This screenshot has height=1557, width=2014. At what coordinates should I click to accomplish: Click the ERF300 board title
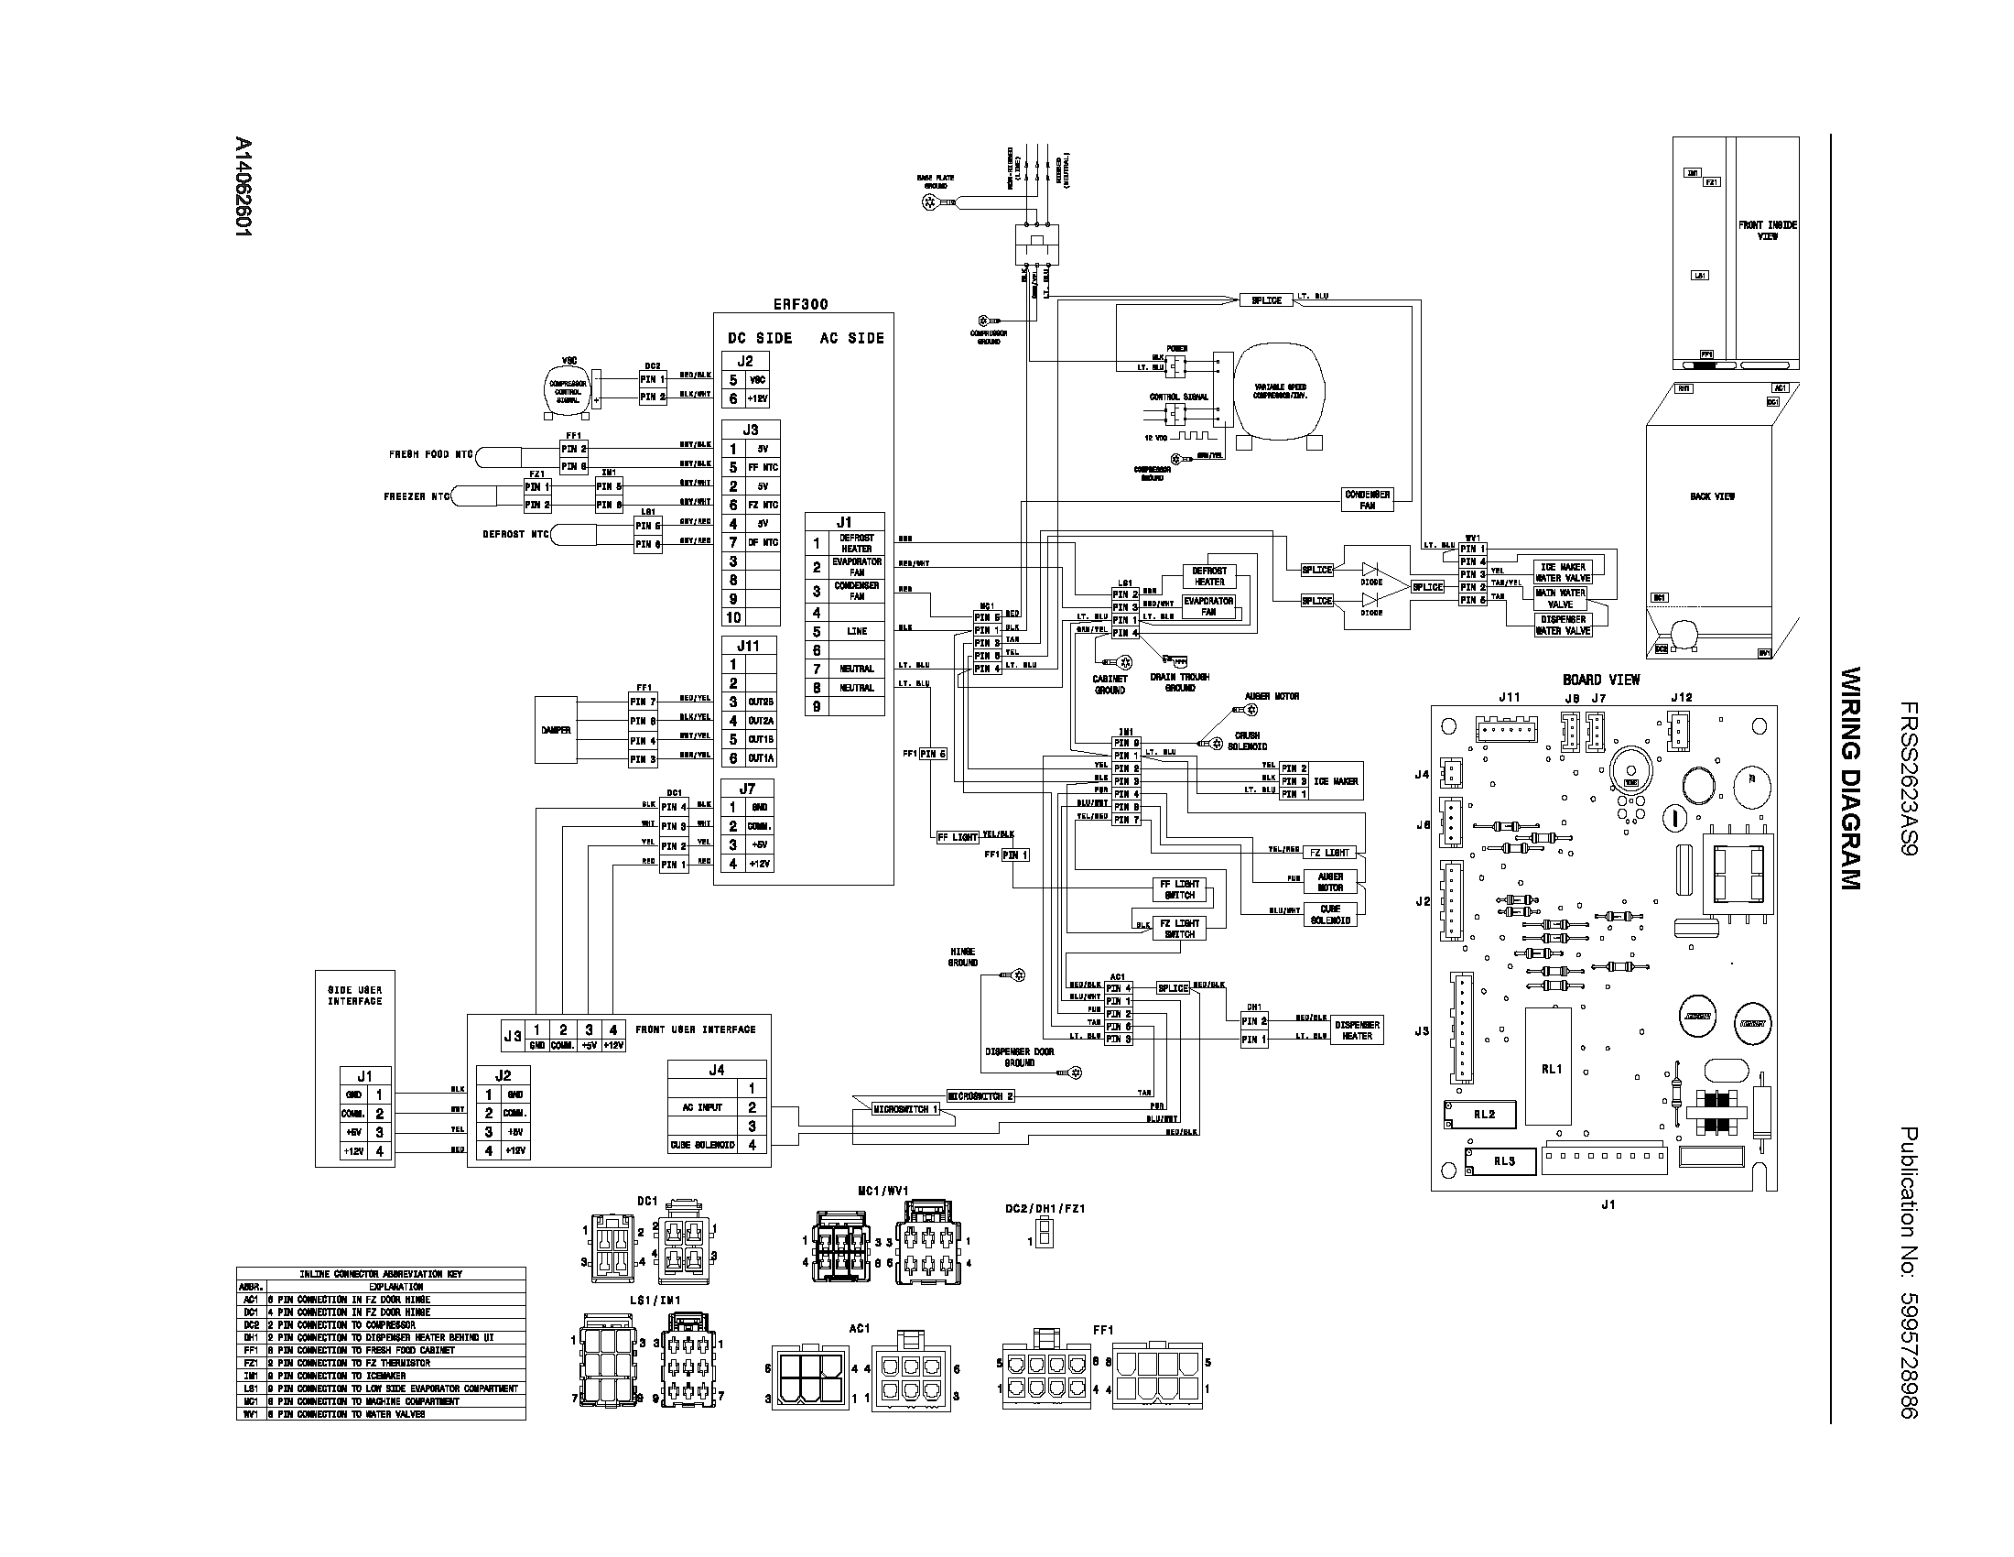799,303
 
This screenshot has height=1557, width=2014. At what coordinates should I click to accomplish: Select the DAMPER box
556,730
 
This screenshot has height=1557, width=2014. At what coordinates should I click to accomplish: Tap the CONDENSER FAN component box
1367,500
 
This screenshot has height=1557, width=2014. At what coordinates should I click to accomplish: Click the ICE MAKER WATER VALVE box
1562,572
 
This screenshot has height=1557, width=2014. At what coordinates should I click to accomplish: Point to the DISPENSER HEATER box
1357,1030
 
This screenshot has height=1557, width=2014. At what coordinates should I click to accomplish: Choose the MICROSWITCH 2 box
980,1095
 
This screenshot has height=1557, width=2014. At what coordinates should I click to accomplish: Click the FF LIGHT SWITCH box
1179,889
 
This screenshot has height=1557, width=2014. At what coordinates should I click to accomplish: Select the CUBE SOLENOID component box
1330,914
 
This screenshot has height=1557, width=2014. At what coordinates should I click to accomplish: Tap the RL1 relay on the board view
1551,1068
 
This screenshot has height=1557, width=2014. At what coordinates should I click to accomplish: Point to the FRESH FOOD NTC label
430,455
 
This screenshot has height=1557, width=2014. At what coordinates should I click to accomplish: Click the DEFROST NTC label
515,534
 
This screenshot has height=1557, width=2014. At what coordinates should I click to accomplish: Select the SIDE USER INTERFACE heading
355,996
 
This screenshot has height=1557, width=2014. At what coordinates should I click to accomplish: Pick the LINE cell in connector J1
856,632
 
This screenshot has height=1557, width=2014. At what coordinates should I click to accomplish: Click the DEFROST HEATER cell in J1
856,543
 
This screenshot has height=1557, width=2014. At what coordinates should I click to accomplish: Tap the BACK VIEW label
1713,496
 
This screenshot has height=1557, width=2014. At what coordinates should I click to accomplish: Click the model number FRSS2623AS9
1908,779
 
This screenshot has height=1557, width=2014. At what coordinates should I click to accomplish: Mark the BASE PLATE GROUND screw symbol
930,201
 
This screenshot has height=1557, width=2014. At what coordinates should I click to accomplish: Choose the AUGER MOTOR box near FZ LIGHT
1330,882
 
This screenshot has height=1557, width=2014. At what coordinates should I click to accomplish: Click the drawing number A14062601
243,190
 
